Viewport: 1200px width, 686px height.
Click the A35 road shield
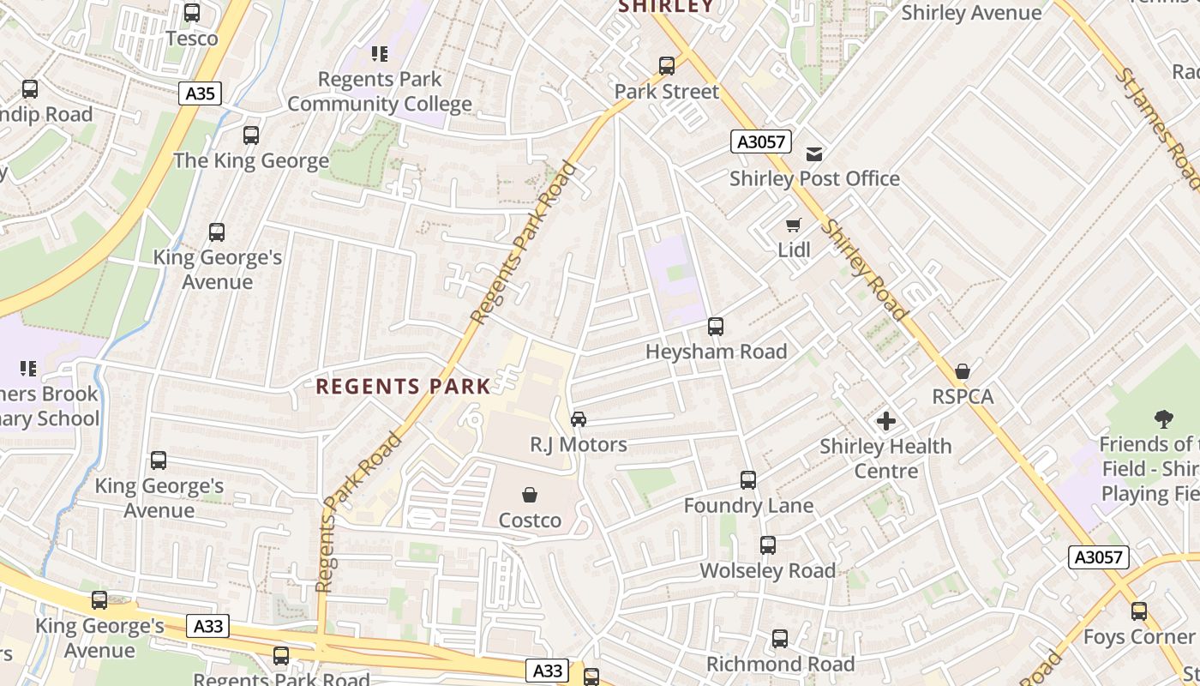point(201,93)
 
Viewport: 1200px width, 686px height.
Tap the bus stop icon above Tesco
point(192,13)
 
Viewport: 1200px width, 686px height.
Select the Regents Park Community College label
point(380,92)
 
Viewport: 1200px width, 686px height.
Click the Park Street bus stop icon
point(667,66)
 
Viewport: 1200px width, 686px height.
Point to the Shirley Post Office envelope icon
point(813,153)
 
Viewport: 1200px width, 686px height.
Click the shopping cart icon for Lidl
point(794,226)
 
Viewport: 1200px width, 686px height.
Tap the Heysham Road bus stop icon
point(716,327)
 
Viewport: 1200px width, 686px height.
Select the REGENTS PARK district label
point(403,387)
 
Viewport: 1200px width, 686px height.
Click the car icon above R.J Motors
point(579,419)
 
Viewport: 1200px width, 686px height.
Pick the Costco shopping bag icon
point(530,495)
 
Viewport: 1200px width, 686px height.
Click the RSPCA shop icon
point(963,371)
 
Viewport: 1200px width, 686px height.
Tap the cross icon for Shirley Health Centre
point(886,421)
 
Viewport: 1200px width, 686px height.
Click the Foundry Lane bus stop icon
point(748,480)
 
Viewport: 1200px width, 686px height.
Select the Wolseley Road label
point(767,571)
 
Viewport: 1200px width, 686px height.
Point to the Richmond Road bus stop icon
point(780,639)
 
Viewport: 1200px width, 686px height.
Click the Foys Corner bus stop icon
point(1139,611)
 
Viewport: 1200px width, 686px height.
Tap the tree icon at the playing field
point(1163,419)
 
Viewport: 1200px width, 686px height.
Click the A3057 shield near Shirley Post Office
point(761,141)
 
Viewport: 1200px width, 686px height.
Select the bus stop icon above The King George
point(251,135)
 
